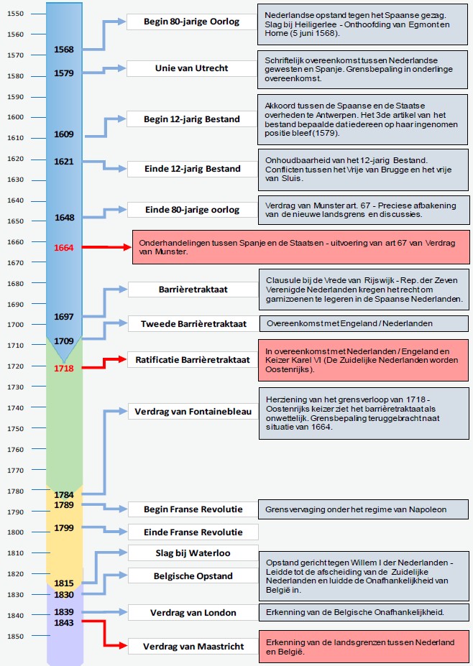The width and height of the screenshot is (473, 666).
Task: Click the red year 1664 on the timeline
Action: [x=64, y=248]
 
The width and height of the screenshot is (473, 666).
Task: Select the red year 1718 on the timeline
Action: [x=64, y=368]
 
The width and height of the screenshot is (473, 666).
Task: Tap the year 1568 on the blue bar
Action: [x=64, y=49]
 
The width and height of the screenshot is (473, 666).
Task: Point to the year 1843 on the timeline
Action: [x=64, y=622]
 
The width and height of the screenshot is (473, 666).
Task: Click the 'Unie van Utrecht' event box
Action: [x=191, y=68]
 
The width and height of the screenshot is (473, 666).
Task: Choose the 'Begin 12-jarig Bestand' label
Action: [x=191, y=119]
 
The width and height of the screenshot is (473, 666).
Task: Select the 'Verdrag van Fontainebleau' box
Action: [x=191, y=412]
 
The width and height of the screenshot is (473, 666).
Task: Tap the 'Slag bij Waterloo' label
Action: [x=192, y=552]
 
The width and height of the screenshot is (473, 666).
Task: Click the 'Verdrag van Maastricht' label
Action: [x=192, y=646]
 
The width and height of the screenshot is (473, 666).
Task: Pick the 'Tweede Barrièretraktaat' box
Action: [x=192, y=323]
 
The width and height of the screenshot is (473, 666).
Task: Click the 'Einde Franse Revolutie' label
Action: [x=192, y=532]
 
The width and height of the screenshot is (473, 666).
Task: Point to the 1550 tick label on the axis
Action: [x=15, y=14]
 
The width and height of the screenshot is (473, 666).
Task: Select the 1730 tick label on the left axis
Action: [x=15, y=387]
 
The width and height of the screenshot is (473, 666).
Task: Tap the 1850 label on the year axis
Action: [x=15, y=637]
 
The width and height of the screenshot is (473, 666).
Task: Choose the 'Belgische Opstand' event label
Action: [x=192, y=575]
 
